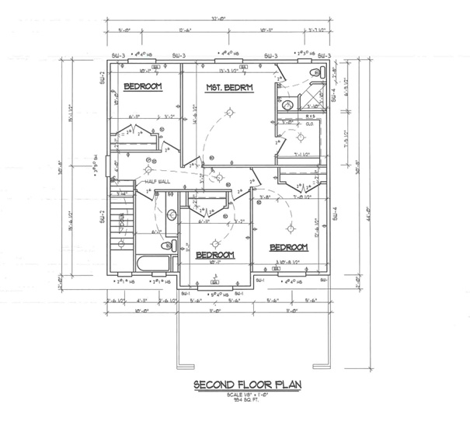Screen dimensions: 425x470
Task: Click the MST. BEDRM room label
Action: (x=229, y=88)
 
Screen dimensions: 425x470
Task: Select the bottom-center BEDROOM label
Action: (x=214, y=255)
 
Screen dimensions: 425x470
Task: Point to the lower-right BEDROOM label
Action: (x=288, y=248)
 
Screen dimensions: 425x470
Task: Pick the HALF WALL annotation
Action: (x=157, y=182)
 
